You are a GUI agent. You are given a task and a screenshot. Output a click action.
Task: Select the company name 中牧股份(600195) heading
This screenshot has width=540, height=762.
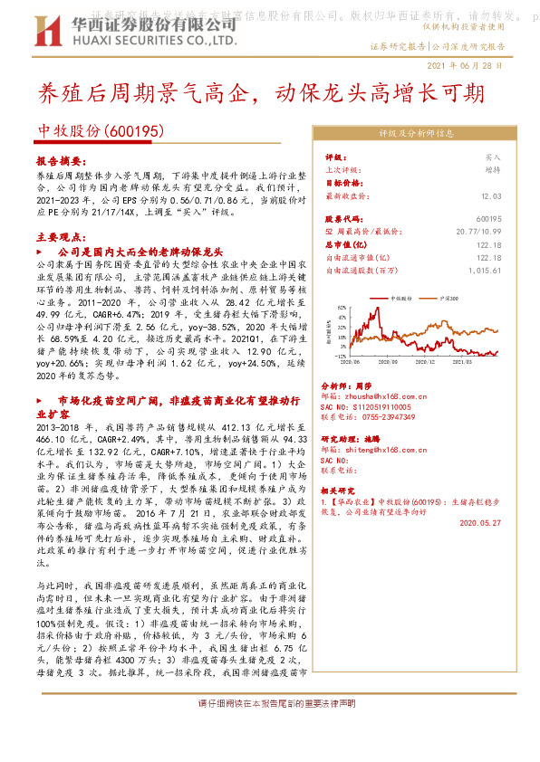pos(100,131)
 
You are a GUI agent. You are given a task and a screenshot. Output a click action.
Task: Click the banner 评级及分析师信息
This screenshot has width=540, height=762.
pos(416,132)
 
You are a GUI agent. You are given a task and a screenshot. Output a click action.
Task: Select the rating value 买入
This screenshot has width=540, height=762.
pos(493,156)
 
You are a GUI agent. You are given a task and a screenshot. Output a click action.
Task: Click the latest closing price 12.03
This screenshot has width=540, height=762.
pos(491,195)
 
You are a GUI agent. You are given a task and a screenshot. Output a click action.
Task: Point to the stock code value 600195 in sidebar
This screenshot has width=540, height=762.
pos(488,219)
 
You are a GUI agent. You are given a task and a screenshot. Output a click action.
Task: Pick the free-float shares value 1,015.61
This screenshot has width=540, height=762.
pos(485,270)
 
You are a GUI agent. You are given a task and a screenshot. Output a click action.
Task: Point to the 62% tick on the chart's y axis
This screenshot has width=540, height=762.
pos(340,309)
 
